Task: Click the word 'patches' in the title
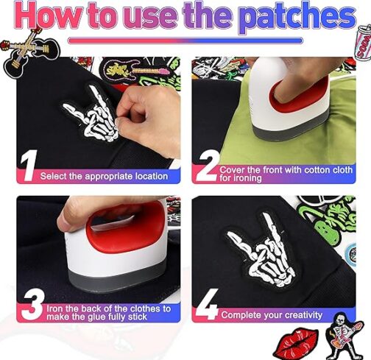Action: (x=300, y=17)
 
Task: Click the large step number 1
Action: (x=29, y=166)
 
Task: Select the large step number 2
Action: (x=208, y=166)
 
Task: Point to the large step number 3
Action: (x=32, y=304)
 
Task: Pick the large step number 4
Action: (x=208, y=304)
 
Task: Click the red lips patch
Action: (x=296, y=345)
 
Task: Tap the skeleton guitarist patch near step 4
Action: (x=344, y=336)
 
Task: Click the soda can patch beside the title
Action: (x=363, y=42)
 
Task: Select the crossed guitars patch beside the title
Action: (x=29, y=50)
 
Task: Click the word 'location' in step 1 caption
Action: (x=152, y=176)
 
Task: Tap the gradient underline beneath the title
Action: (x=185, y=40)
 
